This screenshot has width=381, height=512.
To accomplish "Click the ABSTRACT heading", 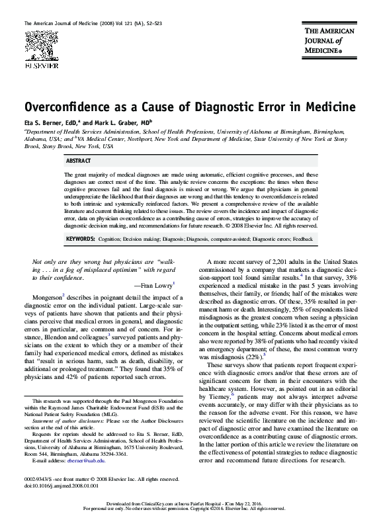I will point(79,161).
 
